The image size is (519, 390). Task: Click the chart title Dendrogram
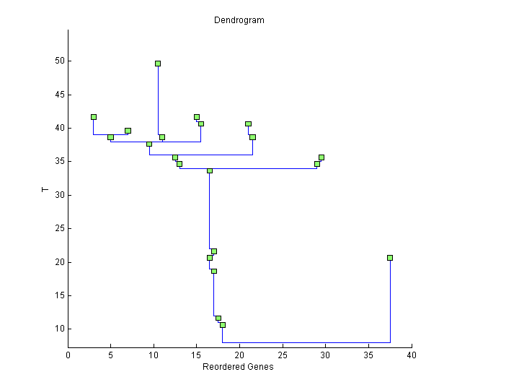point(239,20)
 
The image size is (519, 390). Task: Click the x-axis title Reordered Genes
point(238,367)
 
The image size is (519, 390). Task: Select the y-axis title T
point(45,190)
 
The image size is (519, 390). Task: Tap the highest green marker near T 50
point(158,64)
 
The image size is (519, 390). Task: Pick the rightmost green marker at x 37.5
point(390,258)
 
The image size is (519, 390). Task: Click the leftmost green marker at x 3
point(94,117)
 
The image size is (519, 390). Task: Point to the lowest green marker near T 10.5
point(223,325)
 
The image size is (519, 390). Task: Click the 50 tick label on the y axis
point(59,61)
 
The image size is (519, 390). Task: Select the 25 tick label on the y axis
point(59,228)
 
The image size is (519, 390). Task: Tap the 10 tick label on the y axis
point(59,329)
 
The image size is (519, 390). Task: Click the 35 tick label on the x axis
point(368,355)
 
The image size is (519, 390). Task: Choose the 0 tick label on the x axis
point(68,355)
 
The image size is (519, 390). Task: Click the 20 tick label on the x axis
point(240,355)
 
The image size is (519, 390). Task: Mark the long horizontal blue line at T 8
point(306,342)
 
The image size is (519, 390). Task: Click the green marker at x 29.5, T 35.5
point(321,157)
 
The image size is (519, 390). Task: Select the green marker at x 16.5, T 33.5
point(210,171)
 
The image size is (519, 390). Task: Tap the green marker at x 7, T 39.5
point(128,131)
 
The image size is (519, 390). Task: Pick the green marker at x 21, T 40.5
point(248,124)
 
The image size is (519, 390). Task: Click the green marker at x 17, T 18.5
point(214,272)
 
